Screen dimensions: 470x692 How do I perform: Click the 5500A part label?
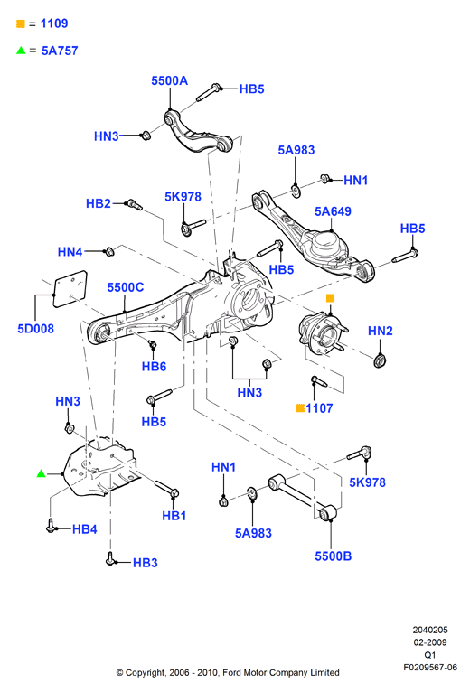point(170,80)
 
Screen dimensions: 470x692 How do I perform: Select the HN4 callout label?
point(70,251)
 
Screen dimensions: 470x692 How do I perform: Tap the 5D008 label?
point(36,328)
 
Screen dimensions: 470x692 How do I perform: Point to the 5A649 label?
point(333,211)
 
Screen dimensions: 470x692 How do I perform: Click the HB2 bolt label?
point(98,203)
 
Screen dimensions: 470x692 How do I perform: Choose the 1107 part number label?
point(319,407)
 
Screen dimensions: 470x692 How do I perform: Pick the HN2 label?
point(381,331)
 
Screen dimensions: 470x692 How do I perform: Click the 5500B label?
point(333,556)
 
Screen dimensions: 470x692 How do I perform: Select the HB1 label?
point(174,516)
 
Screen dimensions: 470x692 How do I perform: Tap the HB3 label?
point(146,563)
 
